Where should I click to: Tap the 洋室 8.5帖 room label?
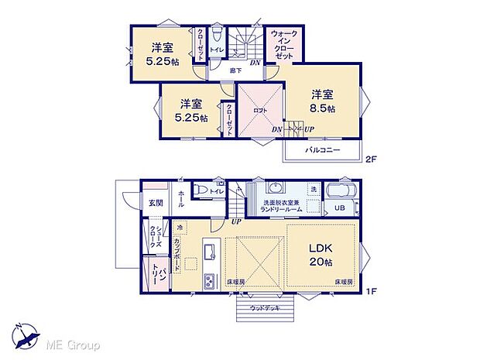coord(322,101)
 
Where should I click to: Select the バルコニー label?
coord(322,149)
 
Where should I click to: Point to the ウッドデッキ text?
coord(266,308)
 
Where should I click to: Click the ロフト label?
coord(261,111)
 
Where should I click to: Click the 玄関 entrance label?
coord(156,203)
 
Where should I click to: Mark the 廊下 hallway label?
coord(235,70)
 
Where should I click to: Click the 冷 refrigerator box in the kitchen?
coord(179,228)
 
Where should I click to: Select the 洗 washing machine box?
coord(314,190)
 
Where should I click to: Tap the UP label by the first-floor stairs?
coord(235,222)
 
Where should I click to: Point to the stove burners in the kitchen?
coord(207,279)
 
